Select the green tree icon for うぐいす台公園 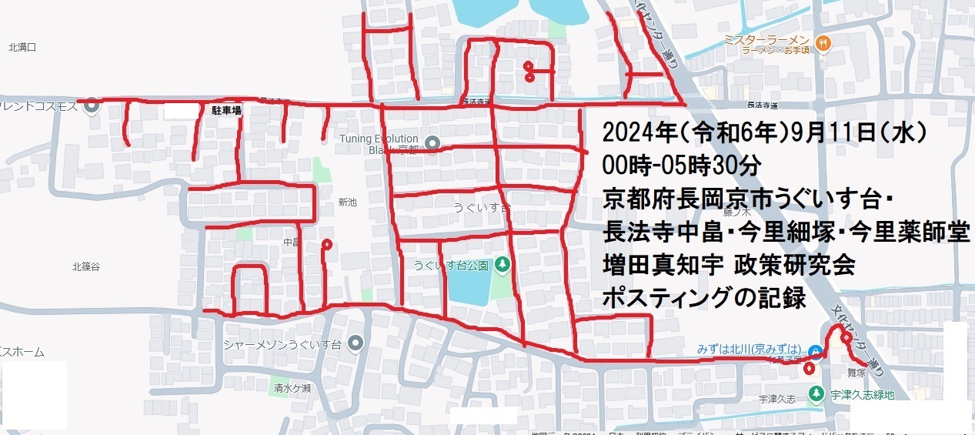tap(503, 265)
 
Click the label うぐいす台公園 tap(451, 266)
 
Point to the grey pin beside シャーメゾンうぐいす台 tap(355, 342)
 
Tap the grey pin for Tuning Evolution tap(432, 142)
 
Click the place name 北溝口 tap(22, 48)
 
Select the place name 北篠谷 tap(86, 267)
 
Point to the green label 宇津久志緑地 tap(863, 395)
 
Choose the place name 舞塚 tap(857, 371)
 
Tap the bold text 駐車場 tap(226, 111)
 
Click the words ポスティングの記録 tap(705, 299)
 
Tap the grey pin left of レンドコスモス tap(91, 103)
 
